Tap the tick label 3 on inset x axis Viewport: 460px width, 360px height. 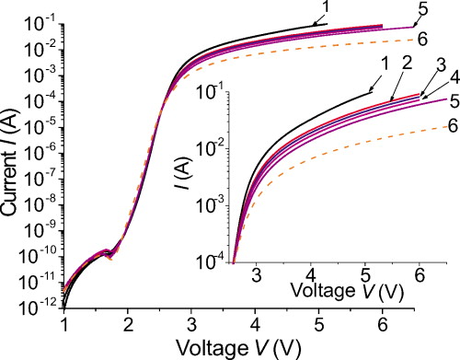pos(256,273)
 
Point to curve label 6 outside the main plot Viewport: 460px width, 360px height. pos(421,39)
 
